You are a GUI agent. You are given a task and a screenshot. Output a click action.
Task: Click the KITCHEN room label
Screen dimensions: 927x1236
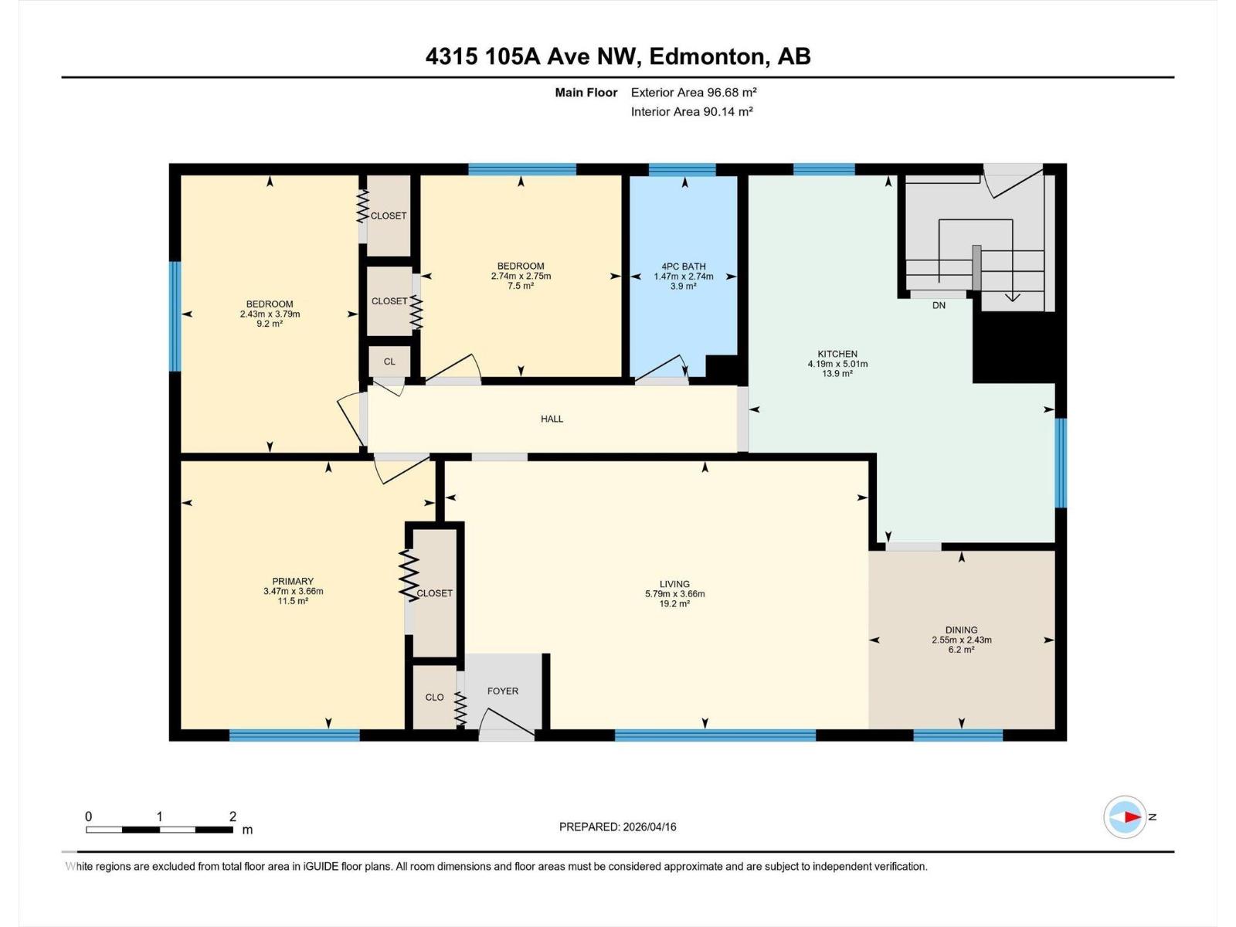pyautogui.click(x=837, y=354)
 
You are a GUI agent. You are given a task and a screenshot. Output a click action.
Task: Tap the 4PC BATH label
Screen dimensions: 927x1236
pyautogui.click(x=683, y=267)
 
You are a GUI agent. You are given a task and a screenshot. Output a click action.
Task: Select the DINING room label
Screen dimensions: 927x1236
pyautogui.click(x=961, y=630)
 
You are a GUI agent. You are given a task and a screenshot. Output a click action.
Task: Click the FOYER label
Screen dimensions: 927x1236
pyautogui.click(x=502, y=691)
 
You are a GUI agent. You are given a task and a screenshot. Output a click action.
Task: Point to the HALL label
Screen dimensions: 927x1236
pyautogui.click(x=552, y=419)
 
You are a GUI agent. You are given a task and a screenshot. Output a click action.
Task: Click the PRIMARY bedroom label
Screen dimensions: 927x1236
pyautogui.click(x=293, y=581)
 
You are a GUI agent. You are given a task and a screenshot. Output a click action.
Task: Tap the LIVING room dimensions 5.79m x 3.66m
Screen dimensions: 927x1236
pyautogui.click(x=674, y=594)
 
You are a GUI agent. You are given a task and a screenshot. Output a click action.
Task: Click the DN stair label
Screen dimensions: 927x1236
pyautogui.click(x=939, y=305)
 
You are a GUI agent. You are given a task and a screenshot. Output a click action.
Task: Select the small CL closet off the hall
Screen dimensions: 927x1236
pyautogui.click(x=389, y=362)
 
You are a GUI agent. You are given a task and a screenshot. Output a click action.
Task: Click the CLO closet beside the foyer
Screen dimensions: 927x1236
pyautogui.click(x=434, y=697)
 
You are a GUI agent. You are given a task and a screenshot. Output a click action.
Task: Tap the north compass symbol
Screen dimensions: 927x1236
pyautogui.click(x=1125, y=817)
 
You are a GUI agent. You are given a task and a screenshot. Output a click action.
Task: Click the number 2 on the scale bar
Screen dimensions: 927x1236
pyautogui.click(x=233, y=816)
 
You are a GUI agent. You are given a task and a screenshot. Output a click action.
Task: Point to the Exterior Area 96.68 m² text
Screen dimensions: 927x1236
pyautogui.click(x=693, y=92)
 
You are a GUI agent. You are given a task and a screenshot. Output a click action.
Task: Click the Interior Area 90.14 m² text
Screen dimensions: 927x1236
pyautogui.click(x=691, y=111)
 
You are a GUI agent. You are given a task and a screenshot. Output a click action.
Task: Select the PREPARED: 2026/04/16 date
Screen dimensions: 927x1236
pyautogui.click(x=617, y=827)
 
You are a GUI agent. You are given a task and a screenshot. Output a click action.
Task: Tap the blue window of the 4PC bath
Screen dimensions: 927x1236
pyautogui.click(x=681, y=170)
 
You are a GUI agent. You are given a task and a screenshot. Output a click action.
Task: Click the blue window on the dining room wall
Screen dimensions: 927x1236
pyautogui.click(x=958, y=735)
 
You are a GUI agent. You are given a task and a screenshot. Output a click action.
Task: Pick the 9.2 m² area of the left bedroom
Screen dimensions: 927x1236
pyautogui.click(x=270, y=324)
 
